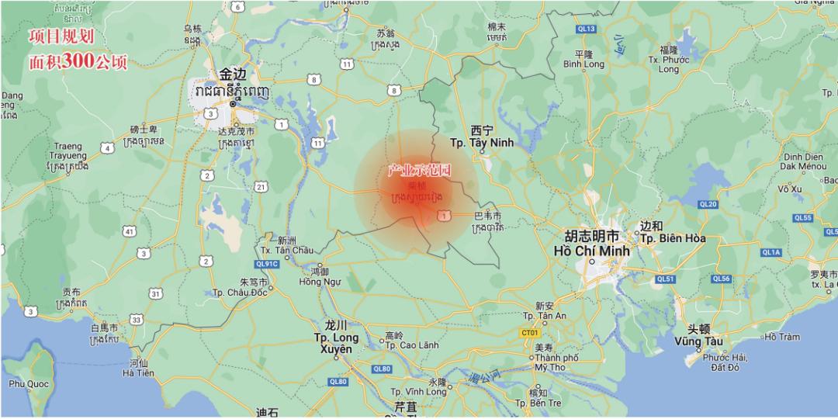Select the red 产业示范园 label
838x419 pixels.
pyautogui.click(x=420, y=170)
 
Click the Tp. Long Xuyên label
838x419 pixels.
pyautogui.click(x=336, y=338)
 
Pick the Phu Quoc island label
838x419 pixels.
pyautogui.click(x=29, y=383)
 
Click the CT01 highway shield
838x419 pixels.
pyautogui.click(x=530, y=333)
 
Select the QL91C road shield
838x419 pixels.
pyautogui.click(x=269, y=264)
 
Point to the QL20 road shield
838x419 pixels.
pyautogui.click(x=708, y=204)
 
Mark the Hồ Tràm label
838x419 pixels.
pyautogui.click(x=781, y=337)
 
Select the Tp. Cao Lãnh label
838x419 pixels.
pyautogui.click(x=409, y=345)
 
